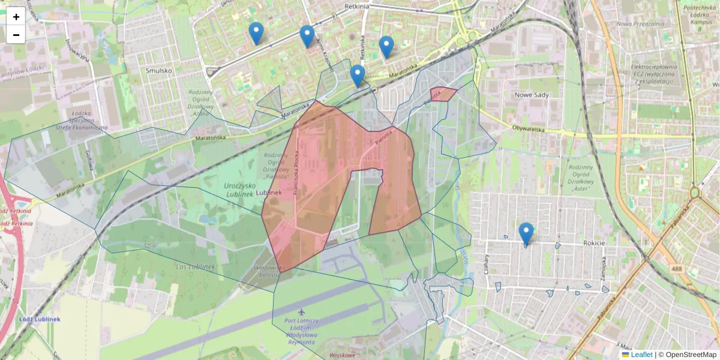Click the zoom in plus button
coord(16,16)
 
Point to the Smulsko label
coord(159,70)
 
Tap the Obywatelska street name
coord(528,128)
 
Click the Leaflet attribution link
coord(641,355)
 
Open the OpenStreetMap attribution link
coord(690,355)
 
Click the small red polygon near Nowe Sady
coord(443,94)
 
